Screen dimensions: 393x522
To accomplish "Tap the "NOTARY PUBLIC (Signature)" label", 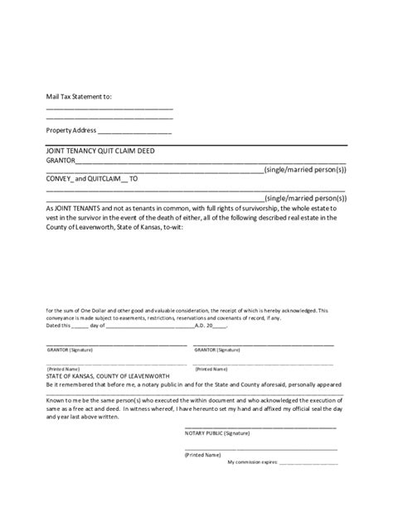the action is [x=217, y=433].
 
